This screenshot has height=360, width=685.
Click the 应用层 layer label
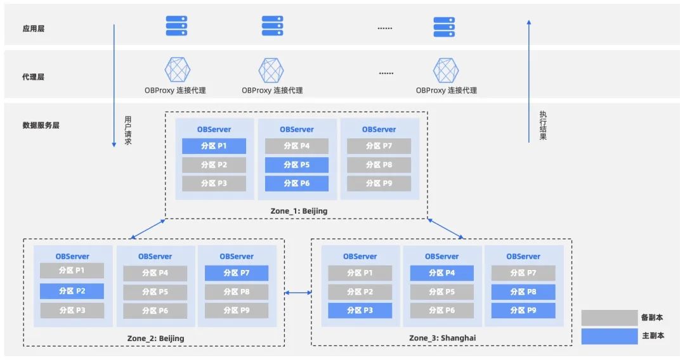[33, 29]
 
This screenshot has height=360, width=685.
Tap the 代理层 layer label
[33, 77]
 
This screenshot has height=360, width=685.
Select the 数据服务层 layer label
[41, 125]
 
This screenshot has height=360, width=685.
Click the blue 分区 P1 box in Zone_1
[214, 146]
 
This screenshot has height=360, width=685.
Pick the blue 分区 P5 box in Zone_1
[297, 165]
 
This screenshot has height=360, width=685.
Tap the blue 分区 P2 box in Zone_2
[72, 291]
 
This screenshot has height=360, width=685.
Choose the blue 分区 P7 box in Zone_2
[237, 273]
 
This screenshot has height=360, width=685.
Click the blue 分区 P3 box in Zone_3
[360, 311]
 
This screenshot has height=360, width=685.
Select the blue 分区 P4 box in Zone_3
[441, 273]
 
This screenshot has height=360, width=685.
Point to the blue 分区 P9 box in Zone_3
[523, 311]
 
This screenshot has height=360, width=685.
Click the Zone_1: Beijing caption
[299, 211]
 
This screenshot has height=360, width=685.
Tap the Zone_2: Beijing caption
[155, 338]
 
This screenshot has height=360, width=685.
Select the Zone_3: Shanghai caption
[443, 338]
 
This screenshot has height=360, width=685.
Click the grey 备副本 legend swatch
[610, 318]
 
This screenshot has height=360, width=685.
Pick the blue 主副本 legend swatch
[610, 336]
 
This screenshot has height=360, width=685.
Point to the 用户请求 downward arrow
[114, 86]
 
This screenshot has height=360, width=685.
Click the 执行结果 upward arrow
[528, 81]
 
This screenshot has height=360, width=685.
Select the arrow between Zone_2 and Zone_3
[298, 292]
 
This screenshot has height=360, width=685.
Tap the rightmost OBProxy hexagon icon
[446, 70]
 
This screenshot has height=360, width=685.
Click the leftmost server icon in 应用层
[176, 26]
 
